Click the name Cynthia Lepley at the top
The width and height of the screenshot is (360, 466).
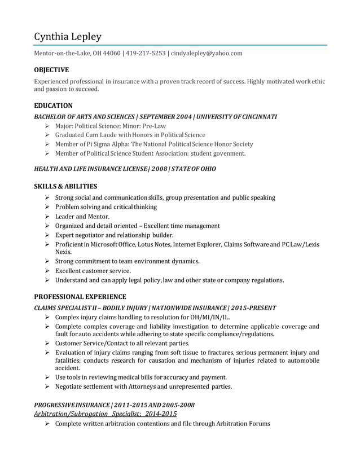pyautogui.click(x=68, y=37)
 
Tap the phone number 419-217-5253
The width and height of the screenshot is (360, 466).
pyautogui.click(x=146, y=53)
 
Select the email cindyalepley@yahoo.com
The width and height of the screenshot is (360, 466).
pyautogui.click(x=207, y=53)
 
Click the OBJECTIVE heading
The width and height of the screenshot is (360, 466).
pyautogui.click(x=51, y=70)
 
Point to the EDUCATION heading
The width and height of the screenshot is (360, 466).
pyautogui.click(x=53, y=105)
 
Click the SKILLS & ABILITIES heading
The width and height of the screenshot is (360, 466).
pyautogui.click(x=65, y=186)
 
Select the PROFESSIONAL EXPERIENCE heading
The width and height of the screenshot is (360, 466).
pyautogui.click(x=80, y=297)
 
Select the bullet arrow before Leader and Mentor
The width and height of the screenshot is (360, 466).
pyautogui.click(x=47, y=216)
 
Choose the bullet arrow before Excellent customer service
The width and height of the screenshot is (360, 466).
pyautogui.click(x=47, y=271)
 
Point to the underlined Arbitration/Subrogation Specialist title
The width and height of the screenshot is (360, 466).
pyautogui.click(x=106, y=414)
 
